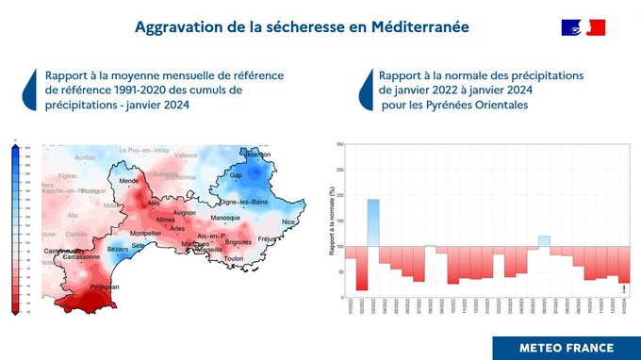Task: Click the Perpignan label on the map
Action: pyautogui.click(x=105, y=286)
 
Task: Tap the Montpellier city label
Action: pyautogui.click(x=145, y=233)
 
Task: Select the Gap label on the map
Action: pyautogui.click(x=237, y=175)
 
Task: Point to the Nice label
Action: pyautogui.click(x=288, y=221)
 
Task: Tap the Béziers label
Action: pyautogui.click(x=118, y=249)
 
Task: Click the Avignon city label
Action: pyautogui.click(x=185, y=213)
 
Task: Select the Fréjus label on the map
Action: pyautogui.click(x=267, y=239)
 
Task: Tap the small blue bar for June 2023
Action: pyautogui.click(x=544, y=241)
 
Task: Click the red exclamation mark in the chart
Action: pyautogui.click(x=624, y=289)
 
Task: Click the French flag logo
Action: pyautogui.click(x=583, y=27)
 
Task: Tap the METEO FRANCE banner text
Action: pyautogui.click(x=565, y=346)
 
